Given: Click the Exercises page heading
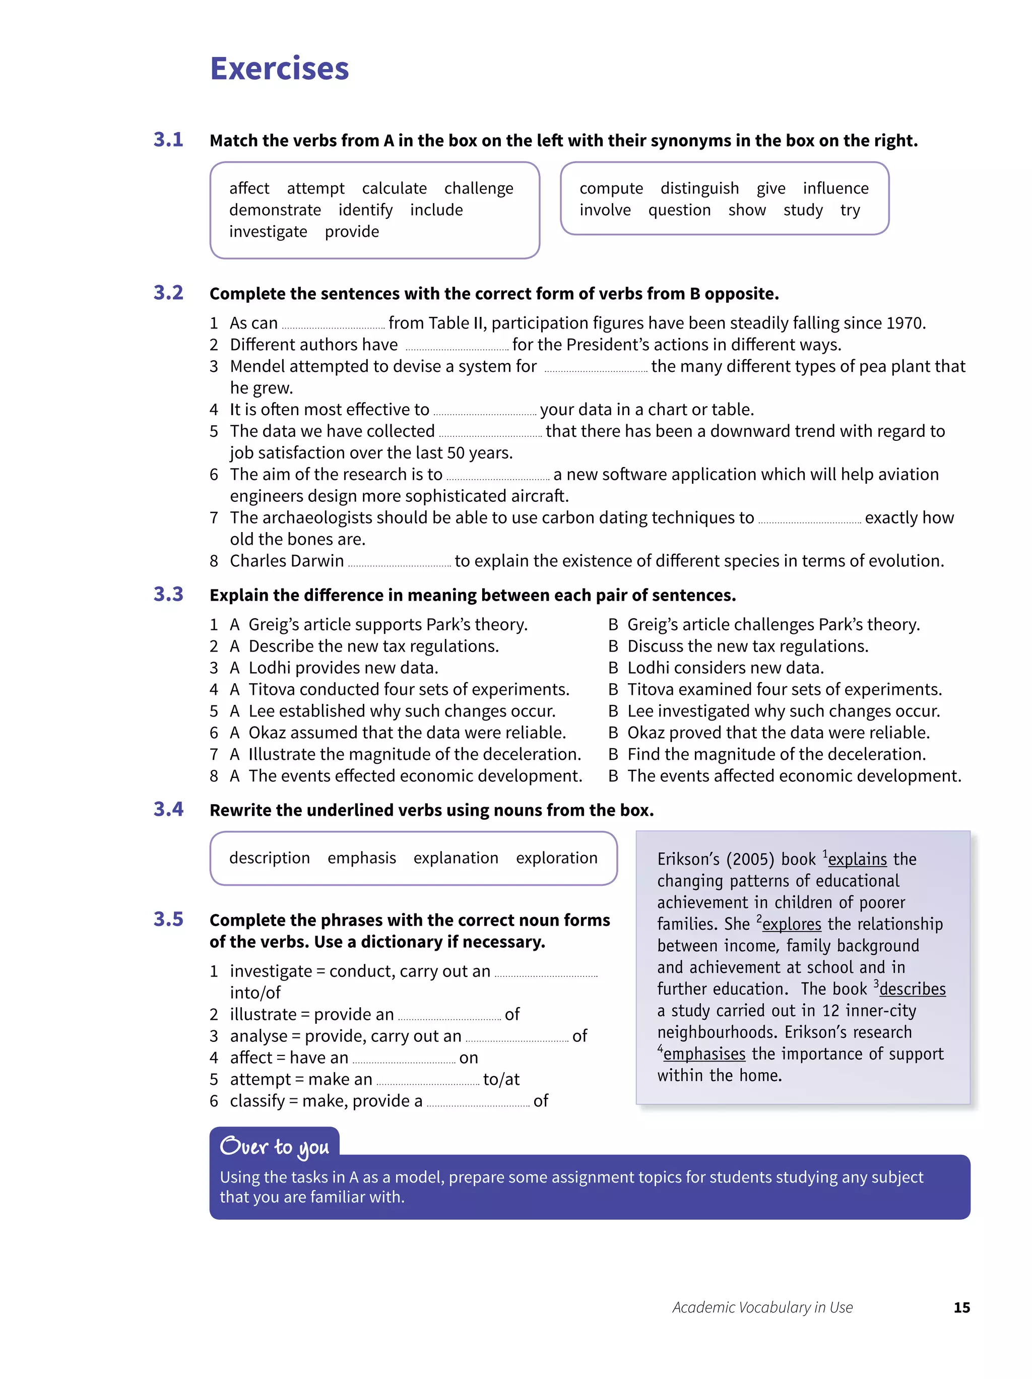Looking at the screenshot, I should (279, 69).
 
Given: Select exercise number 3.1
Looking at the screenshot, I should (168, 140).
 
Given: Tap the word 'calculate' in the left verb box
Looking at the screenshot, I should (394, 188).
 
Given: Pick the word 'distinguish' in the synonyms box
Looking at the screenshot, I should (699, 188).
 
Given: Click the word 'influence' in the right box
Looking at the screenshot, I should (835, 188).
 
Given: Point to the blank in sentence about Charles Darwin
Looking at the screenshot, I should (399, 562).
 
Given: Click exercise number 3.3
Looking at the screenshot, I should (168, 594).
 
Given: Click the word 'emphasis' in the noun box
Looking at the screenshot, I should (362, 859).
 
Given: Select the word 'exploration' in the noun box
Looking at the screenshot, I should (556, 859).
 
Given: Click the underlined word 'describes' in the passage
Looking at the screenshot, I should (912, 990).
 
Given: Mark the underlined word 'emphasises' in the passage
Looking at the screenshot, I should (704, 1054).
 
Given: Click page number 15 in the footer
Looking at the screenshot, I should (961, 1307).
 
